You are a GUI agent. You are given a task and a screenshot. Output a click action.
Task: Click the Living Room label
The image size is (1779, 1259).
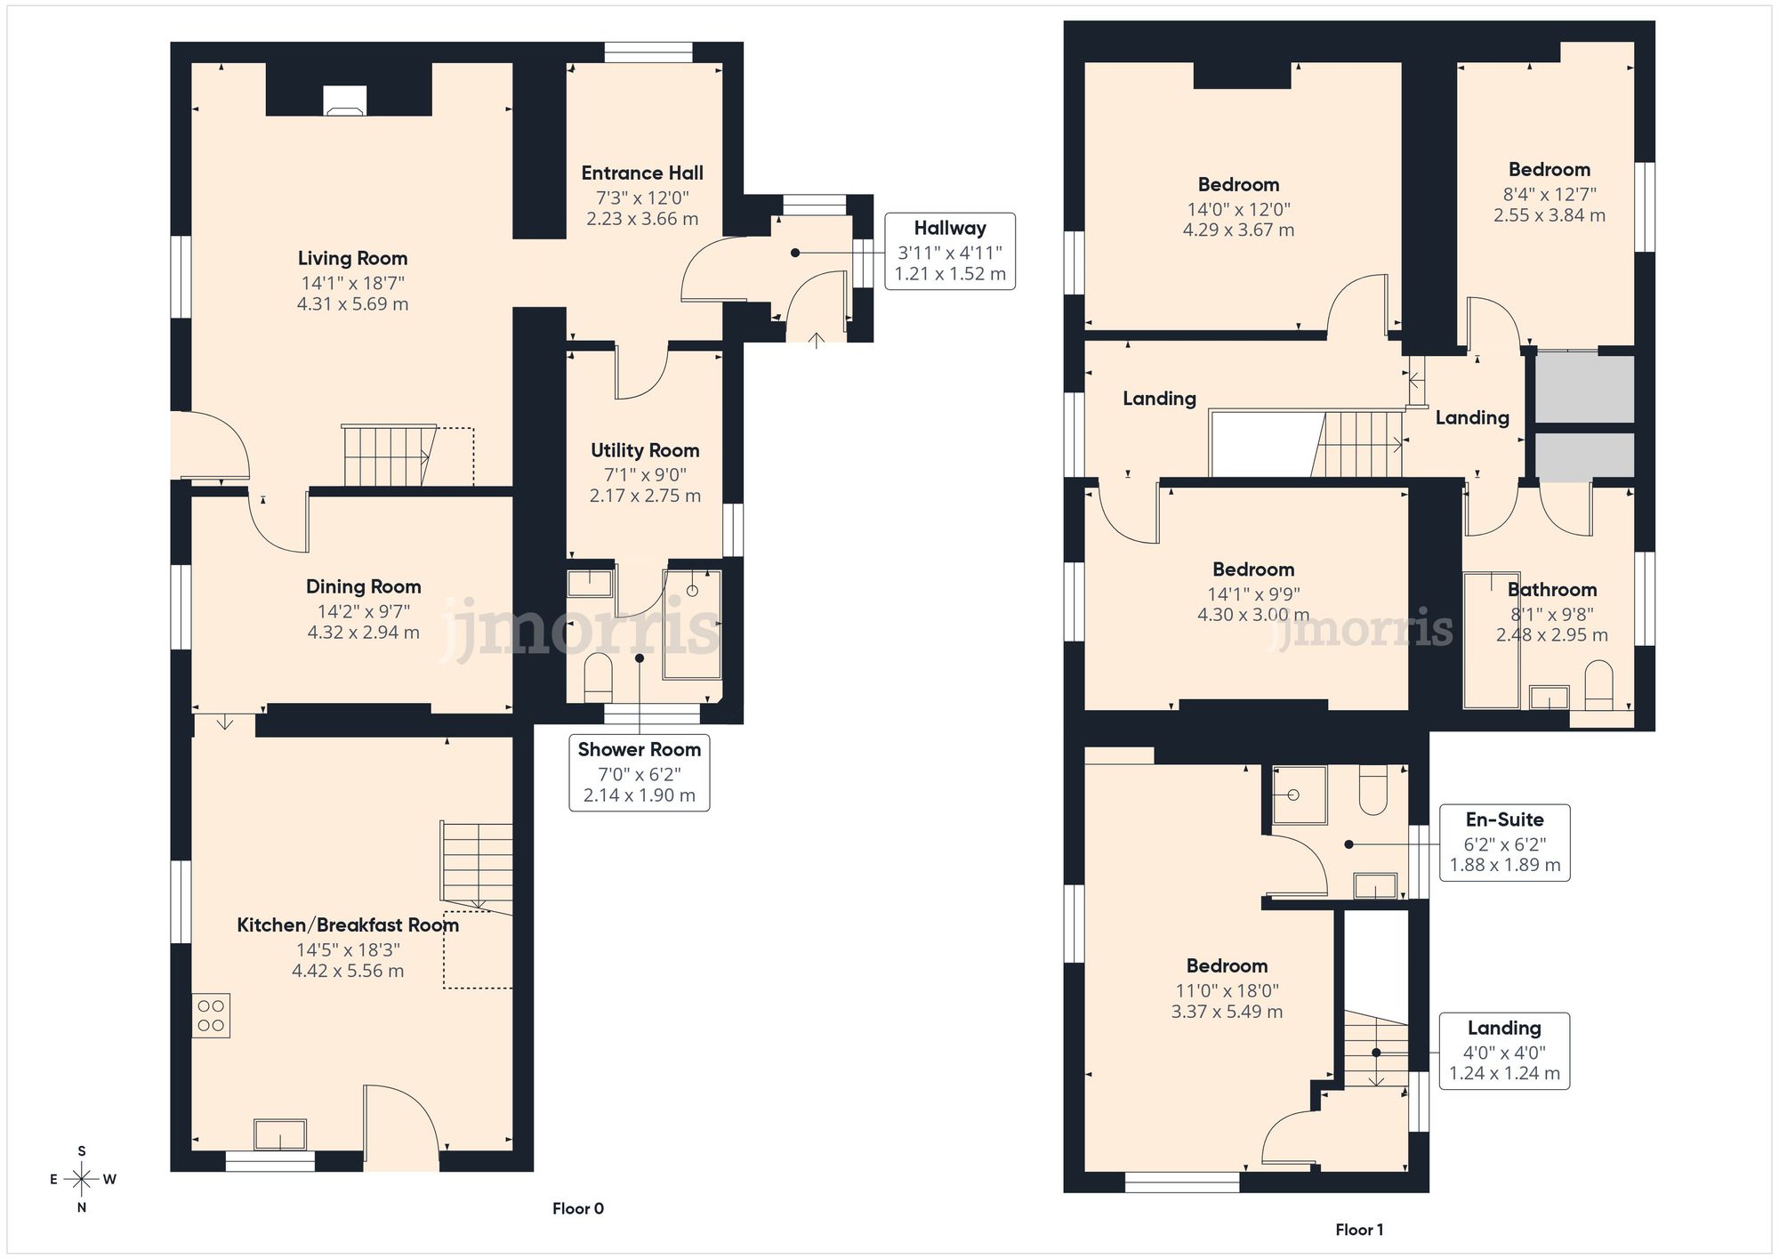[x=352, y=259]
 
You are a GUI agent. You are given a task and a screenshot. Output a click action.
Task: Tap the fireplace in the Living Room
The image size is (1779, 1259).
[x=344, y=100]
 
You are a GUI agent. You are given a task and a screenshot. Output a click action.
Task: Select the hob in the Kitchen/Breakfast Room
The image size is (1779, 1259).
[x=211, y=1015]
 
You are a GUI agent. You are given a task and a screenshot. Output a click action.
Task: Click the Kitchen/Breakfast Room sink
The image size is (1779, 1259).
[x=280, y=1134]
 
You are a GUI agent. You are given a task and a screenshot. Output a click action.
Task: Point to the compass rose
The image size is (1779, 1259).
[x=82, y=1180]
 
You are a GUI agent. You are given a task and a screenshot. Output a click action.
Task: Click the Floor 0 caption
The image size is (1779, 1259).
[x=578, y=1208]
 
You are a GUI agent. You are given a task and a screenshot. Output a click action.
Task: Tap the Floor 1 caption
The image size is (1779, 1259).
[x=1359, y=1230]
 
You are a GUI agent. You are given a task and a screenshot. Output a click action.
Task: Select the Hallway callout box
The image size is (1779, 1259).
[x=949, y=251]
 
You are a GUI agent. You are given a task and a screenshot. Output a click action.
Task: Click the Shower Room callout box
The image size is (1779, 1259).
[x=639, y=772]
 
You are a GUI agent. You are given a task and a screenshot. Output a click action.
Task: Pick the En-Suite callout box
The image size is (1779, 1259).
[x=1504, y=843]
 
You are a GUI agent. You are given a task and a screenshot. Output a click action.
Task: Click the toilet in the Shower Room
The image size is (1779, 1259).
[x=598, y=678]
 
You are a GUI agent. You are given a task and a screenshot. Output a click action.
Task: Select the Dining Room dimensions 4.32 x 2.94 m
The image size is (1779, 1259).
[x=363, y=633]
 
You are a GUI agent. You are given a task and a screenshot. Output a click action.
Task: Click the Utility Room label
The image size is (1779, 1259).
[x=645, y=451]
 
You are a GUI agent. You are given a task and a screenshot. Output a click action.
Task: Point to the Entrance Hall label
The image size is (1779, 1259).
[x=642, y=174]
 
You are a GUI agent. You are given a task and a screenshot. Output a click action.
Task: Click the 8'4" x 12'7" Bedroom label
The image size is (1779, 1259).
[x=1549, y=170]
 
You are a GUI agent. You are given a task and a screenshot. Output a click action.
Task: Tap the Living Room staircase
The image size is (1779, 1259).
[x=388, y=456]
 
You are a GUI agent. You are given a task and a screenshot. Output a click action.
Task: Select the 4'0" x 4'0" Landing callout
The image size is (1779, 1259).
[x=1503, y=1051]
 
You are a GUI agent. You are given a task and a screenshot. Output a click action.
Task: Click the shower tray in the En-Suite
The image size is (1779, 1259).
[x=1299, y=794]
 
